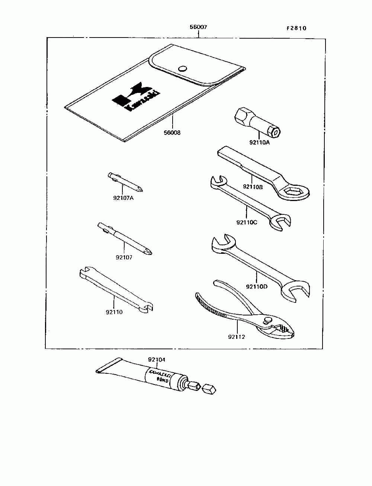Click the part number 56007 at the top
point(198,27)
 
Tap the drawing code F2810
point(296,28)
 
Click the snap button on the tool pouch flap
point(182,68)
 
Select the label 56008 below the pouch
point(172,132)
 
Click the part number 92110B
point(253,187)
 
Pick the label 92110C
point(247,222)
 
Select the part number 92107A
point(123,198)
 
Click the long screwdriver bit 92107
point(125,239)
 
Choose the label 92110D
point(257,286)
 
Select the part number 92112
point(237,337)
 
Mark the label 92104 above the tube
point(157,360)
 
